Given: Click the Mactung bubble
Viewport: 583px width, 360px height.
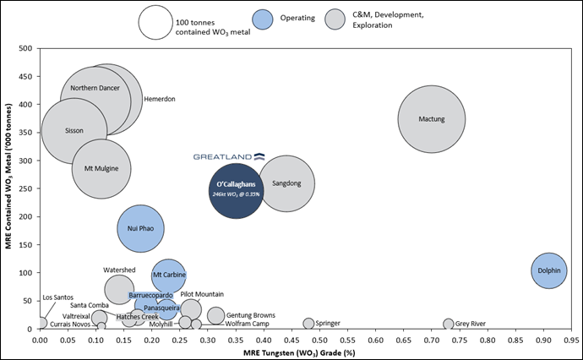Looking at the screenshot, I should (x=432, y=119).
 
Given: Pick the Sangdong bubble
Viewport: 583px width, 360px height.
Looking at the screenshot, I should (x=286, y=184).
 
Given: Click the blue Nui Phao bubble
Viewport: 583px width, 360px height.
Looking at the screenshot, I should (x=140, y=228).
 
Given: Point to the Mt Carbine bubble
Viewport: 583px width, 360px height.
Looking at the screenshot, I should (x=169, y=275).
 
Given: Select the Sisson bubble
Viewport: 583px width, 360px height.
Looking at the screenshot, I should (x=74, y=131).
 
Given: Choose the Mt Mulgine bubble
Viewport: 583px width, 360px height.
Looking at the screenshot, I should (x=101, y=168).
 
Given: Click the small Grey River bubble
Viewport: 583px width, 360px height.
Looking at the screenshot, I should (x=449, y=324).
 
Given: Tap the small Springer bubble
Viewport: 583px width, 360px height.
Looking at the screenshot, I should (x=308, y=324).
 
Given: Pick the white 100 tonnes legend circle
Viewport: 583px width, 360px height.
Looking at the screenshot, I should (x=156, y=22).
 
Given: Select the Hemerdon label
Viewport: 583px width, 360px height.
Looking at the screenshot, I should (x=160, y=99).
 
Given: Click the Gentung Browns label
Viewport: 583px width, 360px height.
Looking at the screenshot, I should (x=251, y=314).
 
